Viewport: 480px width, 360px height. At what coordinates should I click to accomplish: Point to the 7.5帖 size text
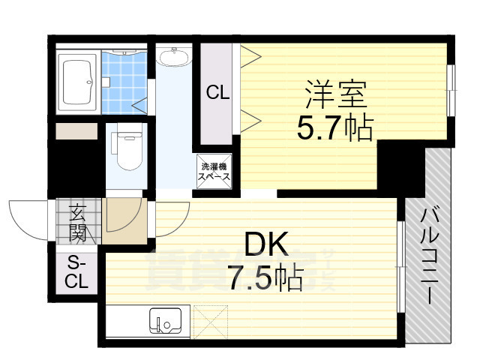coord(265,279)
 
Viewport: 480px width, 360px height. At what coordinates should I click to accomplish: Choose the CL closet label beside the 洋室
coord(218,93)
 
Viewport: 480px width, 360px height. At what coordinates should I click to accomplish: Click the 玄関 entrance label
coord(78,223)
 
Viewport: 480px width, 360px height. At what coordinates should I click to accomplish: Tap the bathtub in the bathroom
coord(78,80)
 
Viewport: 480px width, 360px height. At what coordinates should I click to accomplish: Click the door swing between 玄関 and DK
coord(122,217)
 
